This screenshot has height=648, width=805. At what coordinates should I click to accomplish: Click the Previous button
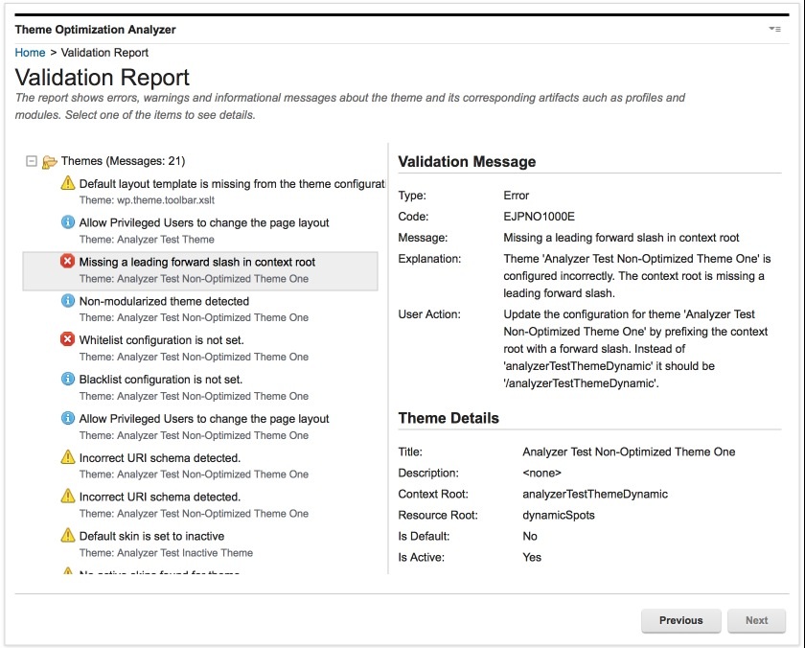(x=680, y=620)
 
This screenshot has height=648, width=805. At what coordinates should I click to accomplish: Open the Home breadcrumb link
(x=30, y=53)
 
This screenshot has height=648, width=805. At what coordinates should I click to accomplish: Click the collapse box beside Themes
(x=32, y=161)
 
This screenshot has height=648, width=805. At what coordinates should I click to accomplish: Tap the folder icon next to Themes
(x=50, y=162)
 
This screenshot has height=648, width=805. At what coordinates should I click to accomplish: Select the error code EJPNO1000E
(x=540, y=217)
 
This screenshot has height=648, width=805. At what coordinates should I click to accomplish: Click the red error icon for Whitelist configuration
(x=68, y=339)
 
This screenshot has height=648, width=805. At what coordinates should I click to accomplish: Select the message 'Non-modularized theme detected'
(x=164, y=301)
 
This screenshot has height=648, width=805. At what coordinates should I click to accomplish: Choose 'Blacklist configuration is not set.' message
(x=161, y=380)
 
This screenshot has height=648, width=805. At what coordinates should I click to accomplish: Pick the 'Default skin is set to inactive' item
(x=151, y=536)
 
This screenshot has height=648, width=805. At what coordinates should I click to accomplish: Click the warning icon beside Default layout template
(x=68, y=183)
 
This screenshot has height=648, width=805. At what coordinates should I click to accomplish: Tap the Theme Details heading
(x=448, y=418)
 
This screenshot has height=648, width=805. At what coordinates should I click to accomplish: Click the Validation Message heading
(x=467, y=161)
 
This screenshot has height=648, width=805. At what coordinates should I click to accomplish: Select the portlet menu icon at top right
(x=774, y=30)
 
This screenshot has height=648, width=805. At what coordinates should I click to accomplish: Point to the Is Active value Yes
(x=532, y=557)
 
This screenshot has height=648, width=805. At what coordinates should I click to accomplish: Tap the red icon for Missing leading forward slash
(x=68, y=262)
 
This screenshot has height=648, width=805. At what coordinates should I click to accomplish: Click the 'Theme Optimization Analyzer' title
(x=95, y=30)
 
